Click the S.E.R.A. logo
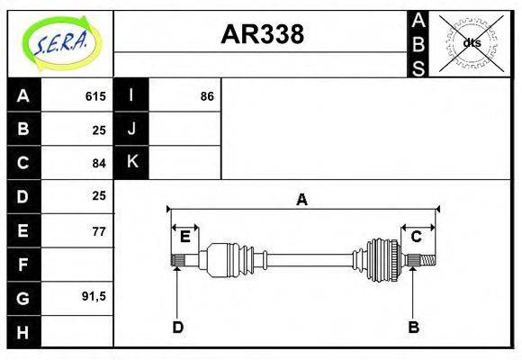60,42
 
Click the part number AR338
262,34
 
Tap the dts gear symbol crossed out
471,42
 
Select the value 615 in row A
95,96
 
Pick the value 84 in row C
99,163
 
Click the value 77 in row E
99,231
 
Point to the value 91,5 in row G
94,296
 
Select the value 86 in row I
207,96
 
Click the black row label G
23,297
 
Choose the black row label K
131,162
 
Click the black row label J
131,129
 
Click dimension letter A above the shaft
302,200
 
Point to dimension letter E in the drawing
184,237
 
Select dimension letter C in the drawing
417,237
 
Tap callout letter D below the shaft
177,328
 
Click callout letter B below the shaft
413,328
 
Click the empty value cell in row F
76,265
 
